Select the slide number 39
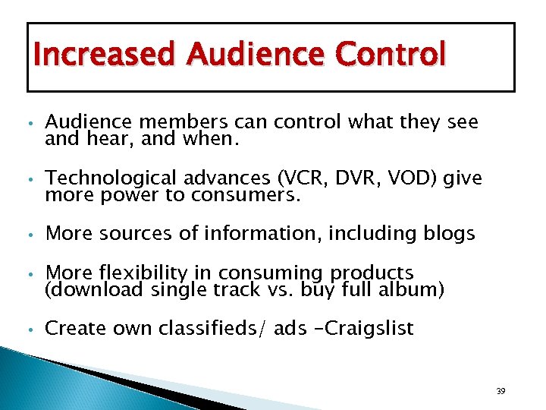(500, 391)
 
